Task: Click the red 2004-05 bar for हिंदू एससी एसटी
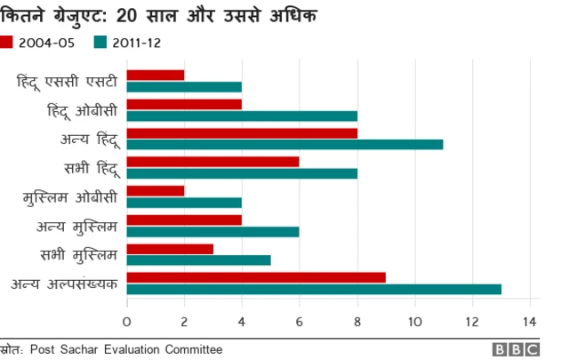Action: (156, 75)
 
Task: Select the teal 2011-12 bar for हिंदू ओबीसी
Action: (242, 116)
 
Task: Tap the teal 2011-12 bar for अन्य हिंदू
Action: (284, 144)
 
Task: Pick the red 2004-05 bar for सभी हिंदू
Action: (213, 162)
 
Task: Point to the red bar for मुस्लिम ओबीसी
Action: (156, 190)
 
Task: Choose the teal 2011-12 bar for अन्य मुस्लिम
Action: (213, 231)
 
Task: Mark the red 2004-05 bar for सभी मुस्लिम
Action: (170, 248)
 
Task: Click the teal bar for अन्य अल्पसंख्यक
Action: (314, 289)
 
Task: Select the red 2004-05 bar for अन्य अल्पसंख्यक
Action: (256, 276)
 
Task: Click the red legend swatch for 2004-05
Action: (7, 41)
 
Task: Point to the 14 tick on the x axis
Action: (530, 320)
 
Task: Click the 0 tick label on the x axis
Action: (127, 320)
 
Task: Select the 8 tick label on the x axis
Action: (357, 320)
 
